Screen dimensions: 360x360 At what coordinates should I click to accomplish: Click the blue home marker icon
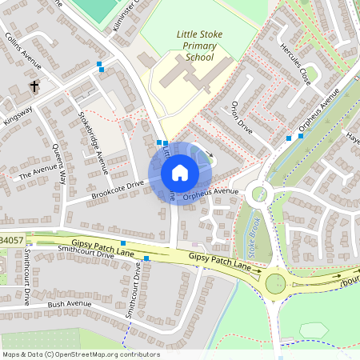pyautogui.click(x=179, y=173)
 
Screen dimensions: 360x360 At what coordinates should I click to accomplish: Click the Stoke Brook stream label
pyautogui.click(x=254, y=235)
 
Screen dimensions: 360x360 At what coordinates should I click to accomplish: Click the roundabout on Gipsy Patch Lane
pyautogui.click(x=276, y=282)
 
